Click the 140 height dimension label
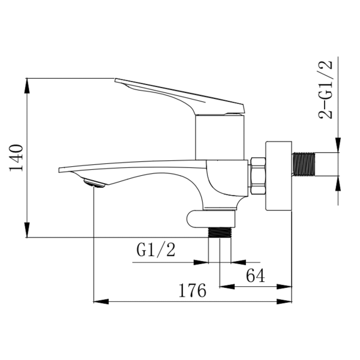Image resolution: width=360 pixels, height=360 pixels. (x=16, y=158)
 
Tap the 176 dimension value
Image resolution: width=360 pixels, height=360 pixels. (x=193, y=290)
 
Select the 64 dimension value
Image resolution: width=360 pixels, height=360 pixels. (x=256, y=275)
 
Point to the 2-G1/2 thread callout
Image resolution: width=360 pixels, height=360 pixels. (x=326, y=89)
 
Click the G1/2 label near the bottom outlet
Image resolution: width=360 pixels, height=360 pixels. (x=156, y=250)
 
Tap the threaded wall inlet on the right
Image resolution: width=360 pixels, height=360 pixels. (x=304, y=164)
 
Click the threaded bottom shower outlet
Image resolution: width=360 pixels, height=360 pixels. (x=220, y=232)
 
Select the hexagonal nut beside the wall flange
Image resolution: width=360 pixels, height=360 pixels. (x=258, y=176)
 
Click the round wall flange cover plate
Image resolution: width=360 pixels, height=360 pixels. (x=279, y=176)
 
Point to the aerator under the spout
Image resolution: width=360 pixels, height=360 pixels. (x=94, y=183)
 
